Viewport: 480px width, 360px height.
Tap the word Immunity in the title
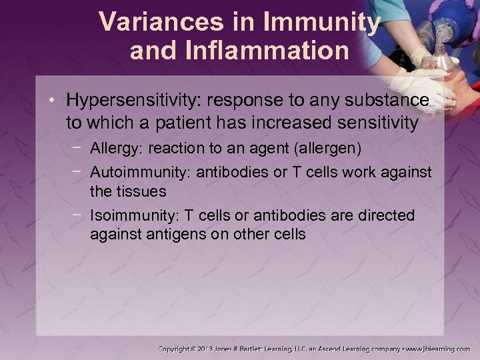click(x=323, y=22)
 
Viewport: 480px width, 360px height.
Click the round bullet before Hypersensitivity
click(x=57, y=101)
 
